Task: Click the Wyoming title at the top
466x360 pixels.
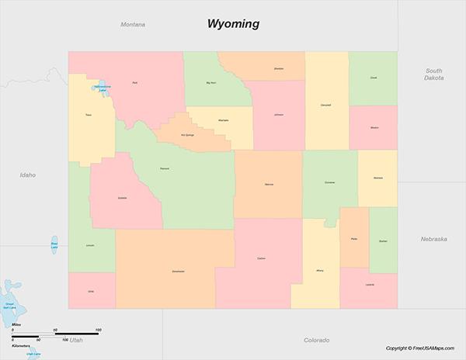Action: pyautogui.click(x=233, y=23)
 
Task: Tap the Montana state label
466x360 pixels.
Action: pyautogui.click(x=133, y=25)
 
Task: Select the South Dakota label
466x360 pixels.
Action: pyautogui.click(x=433, y=74)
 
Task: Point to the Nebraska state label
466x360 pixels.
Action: pyautogui.click(x=433, y=239)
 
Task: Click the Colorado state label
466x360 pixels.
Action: pyautogui.click(x=316, y=340)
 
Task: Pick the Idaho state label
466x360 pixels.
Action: pyautogui.click(x=28, y=175)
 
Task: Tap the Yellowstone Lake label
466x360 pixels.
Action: pyautogui.click(x=102, y=88)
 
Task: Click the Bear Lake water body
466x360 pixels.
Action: pyautogui.click(x=54, y=244)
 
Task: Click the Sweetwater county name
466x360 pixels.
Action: pyautogui.click(x=178, y=272)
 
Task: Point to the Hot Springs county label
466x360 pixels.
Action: pyautogui.click(x=187, y=134)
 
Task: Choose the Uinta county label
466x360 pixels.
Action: pyautogui.click(x=90, y=292)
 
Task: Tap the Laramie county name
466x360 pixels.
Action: pyautogui.click(x=369, y=285)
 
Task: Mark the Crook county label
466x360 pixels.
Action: pyautogui.click(x=374, y=78)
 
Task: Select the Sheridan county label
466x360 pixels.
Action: pyautogui.click(x=279, y=69)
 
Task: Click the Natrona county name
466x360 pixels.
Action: pyautogui.click(x=269, y=185)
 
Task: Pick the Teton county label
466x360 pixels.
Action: pyautogui.click(x=89, y=115)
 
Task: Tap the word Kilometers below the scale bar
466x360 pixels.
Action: pyautogui.click(x=21, y=346)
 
